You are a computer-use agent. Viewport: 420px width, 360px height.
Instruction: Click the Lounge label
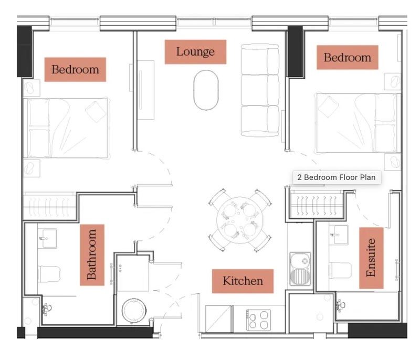pyautogui.click(x=195, y=52)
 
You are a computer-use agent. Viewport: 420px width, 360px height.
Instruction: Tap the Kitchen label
pyautogui.click(x=243, y=281)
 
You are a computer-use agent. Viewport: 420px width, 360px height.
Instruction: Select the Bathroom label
pyautogui.click(x=92, y=255)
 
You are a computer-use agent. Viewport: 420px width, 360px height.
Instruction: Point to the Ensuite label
pyautogui.click(x=371, y=258)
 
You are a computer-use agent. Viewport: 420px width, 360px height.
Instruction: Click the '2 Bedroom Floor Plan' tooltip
pyautogui.click(x=337, y=177)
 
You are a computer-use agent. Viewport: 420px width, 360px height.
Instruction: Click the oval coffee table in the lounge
pyautogui.click(x=206, y=90)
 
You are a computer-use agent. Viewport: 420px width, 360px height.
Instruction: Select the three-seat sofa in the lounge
pyautogui.click(x=260, y=90)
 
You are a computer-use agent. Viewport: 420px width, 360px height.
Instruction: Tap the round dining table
pyautogui.click(x=240, y=220)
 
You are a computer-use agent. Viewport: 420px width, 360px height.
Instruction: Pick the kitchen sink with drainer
pyautogui.click(x=300, y=269)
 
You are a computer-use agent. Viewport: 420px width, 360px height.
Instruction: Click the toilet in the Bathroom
pyautogui.click(x=49, y=274)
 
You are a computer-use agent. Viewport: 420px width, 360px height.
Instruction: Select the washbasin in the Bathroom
pyautogui.click(x=48, y=238)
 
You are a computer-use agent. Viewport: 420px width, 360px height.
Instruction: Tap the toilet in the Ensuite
pyautogui.click(x=340, y=270)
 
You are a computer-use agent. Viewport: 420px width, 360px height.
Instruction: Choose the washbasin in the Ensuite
pyautogui.click(x=339, y=235)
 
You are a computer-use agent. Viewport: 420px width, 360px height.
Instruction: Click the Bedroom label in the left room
pyautogui.click(x=75, y=70)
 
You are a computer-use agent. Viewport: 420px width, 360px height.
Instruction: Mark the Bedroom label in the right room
pyautogui.click(x=348, y=58)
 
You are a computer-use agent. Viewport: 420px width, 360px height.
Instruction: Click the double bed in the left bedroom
pyautogui.click(x=66, y=128)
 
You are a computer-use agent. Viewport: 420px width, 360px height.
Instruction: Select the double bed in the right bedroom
pyautogui.click(x=359, y=123)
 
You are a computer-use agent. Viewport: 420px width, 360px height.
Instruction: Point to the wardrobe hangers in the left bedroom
pyautogui.click(x=48, y=207)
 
